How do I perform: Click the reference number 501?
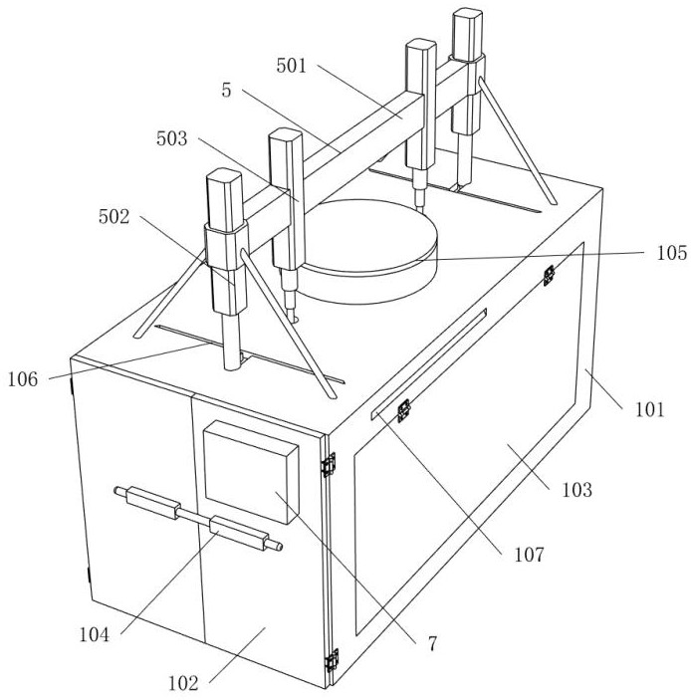292,66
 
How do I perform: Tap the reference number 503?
171,138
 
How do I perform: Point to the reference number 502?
114,216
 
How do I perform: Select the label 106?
23,379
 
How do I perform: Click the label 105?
671,253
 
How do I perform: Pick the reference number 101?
650,409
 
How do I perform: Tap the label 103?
576,490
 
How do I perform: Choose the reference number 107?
530,555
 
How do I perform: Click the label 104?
94,634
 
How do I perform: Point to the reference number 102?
183,683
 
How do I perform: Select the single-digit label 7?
432,644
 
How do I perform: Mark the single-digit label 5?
227,91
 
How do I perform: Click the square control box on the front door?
251,471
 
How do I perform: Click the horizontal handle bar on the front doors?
198,519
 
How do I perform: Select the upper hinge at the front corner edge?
329,464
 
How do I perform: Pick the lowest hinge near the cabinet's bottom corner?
332,661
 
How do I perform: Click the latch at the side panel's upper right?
549,275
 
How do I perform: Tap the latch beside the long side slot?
404,410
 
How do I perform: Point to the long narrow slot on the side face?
428,363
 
